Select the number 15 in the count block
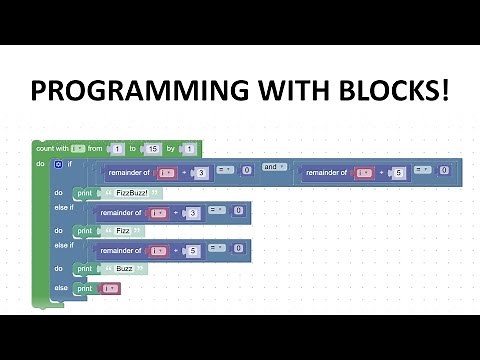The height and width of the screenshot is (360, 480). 153,148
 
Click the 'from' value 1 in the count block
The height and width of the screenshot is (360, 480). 117,148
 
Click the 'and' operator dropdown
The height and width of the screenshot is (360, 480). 270,167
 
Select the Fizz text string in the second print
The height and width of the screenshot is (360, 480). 123,230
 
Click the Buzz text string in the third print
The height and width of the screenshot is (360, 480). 124,268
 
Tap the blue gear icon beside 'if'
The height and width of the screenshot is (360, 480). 58,163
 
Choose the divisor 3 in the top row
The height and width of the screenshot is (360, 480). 201,173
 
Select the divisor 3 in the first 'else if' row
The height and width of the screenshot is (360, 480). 192,212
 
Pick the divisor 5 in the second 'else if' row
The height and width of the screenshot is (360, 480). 192,250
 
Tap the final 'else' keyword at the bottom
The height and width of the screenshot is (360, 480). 61,288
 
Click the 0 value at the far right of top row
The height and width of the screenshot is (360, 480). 443,171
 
